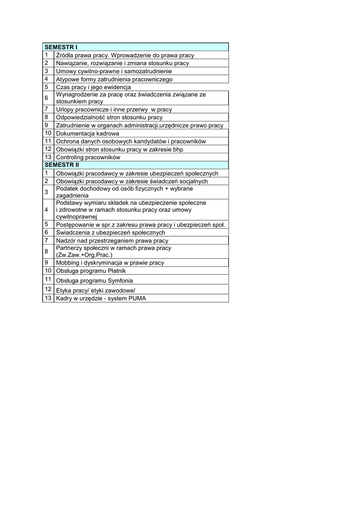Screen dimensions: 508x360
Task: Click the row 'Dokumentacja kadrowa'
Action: (x=87, y=133)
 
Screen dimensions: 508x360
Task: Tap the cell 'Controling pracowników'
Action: (x=88, y=157)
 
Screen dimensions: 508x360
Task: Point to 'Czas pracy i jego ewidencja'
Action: (x=93, y=87)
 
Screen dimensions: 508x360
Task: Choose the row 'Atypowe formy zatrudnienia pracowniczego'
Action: (x=114, y=79)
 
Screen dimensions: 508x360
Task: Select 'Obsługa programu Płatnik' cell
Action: (x=91, y=271)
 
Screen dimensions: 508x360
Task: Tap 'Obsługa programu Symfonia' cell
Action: (x=94, y=281)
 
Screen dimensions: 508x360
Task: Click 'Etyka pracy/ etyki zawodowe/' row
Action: (x=95, y=290)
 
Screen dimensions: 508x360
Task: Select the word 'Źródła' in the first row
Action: (x=65, y=56)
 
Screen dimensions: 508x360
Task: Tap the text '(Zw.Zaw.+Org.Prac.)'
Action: (x=84, y=254)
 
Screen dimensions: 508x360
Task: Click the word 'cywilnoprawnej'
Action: (x=76, y=216)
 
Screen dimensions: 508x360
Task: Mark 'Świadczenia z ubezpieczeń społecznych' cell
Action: (x=110, y=232)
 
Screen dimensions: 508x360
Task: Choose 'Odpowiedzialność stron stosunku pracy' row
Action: (x=109, y=118)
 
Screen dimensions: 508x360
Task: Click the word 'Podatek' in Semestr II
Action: (x=67, y=189)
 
